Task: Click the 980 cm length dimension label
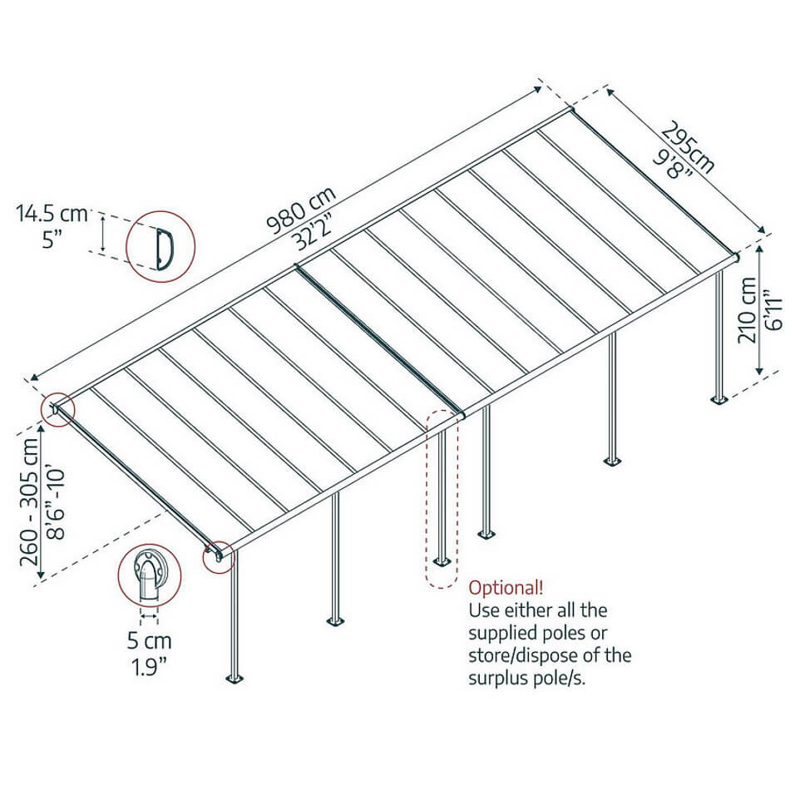tap(301, 210)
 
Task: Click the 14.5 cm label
tap(52, 213)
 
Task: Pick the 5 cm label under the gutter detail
tap(149, 641)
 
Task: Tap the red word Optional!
tap(506, 588)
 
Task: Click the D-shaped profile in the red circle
tap(165, 249)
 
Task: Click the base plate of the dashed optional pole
tap(442, 562)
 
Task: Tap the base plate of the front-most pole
tap(235, 679)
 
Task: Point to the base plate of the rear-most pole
tap(719, 399)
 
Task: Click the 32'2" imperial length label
tap(313, 235)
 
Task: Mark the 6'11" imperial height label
tap(773, 309)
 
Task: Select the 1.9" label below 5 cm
tap(149, 667)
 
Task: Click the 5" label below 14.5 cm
tap(52, 239)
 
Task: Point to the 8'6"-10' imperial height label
tap(56, 504)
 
